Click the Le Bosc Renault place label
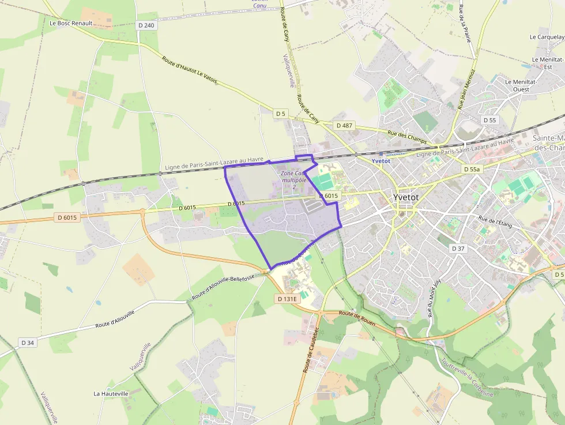(x=71, y=23)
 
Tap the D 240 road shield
(x=147, y=25)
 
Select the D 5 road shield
(x=280, y=114)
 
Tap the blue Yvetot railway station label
(x=381, y=161)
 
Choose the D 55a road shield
(x=472, y=170)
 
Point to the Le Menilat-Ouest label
(x=521, y=85)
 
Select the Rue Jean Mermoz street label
(x=466, y=89)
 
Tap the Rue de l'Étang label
(x=496, y=220)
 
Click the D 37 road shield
(x=458, y=249)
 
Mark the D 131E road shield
(x=287, y=299)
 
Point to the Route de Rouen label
(x=357, y=318)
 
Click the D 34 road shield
(x=28, y=343)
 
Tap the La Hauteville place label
(x=111, y=393)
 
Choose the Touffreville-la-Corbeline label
(x=466, y=378)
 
